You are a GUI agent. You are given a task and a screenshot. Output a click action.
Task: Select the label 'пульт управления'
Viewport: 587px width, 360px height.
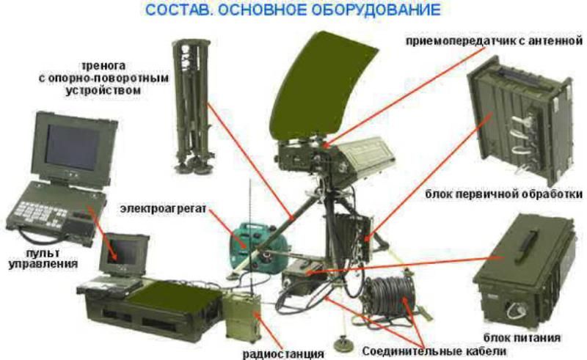tap(34, 258)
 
